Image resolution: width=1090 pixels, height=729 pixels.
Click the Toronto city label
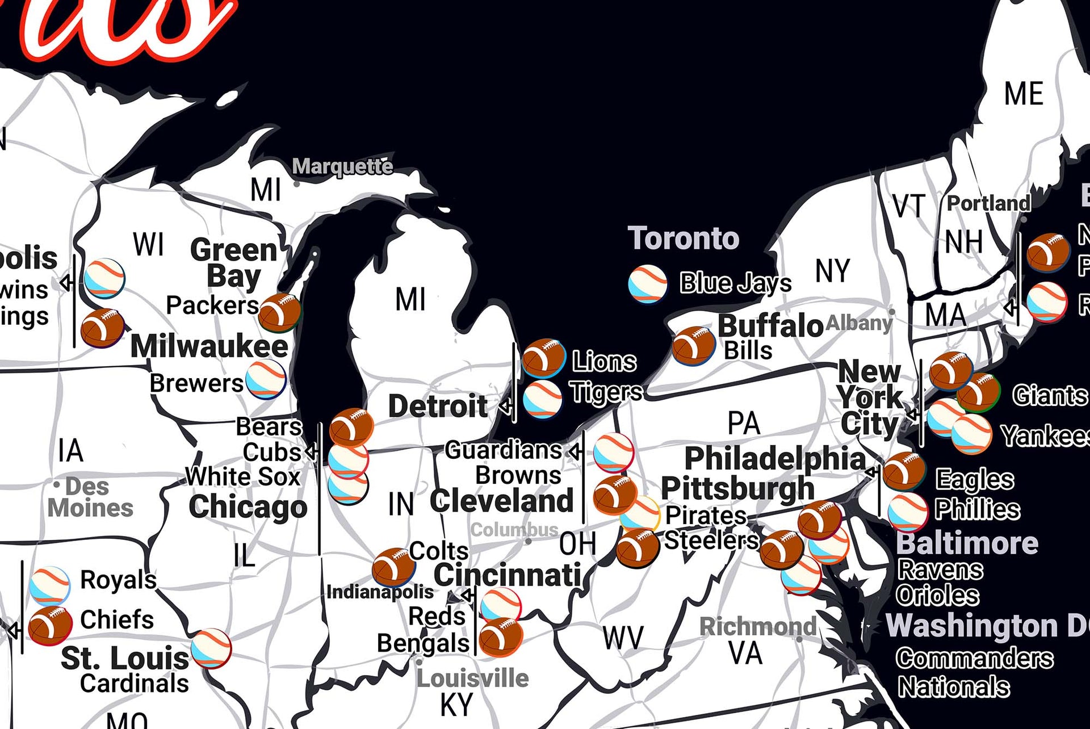[x=684, y=238]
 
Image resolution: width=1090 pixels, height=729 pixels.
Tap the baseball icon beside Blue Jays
[x=648, y=283]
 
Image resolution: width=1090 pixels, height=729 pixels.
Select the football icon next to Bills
[x=693, y=345]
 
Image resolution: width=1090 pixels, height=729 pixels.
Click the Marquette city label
[x=342, y=166]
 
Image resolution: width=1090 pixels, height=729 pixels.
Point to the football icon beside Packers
[x=279, y=312]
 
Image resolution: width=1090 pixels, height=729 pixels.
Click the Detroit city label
[x=438, y=406]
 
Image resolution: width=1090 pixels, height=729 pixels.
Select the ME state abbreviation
[x=1024, y=94]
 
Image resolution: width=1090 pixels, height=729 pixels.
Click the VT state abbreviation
[x=909, y=206]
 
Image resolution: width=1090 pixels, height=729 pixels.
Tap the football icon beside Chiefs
[x=50, y=625]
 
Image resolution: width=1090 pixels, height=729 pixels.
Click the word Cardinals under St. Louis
[x=135, y=684]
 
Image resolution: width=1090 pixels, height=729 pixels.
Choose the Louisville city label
[x=472, y=678]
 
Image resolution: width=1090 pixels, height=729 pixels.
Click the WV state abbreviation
[x=623, y=638]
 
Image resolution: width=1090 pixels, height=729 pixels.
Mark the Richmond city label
[x=757, y=627]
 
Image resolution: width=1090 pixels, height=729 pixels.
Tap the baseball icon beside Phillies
[x=908, y=511]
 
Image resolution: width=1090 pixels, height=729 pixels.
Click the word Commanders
[x=975, y=659]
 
